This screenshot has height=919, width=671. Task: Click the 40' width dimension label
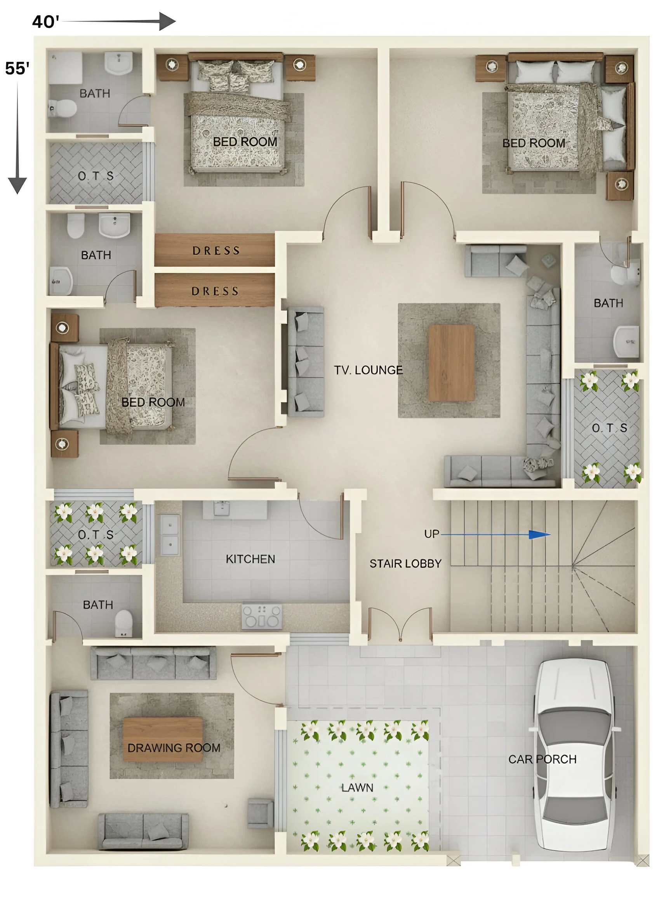tap(45, 21)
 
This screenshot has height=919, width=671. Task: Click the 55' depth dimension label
tap(17, 68)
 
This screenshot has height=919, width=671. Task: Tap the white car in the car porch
tap(574, 755)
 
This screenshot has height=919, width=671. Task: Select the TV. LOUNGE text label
tap(368, 370)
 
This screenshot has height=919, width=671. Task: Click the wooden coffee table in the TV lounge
tap(451, 362)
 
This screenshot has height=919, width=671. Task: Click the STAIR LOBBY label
tap(405, 564)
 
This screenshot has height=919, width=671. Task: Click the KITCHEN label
tap(250, 559)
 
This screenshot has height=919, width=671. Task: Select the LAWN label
tap(357, 787)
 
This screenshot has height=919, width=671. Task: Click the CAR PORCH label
tap(542, 759)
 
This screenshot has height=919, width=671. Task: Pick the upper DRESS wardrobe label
tap(216, 250)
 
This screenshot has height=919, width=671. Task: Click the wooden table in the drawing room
tap(162, 739)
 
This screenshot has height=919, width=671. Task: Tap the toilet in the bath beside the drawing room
tap(123, 622)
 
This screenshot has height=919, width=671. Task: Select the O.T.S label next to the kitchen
tap(96, 534)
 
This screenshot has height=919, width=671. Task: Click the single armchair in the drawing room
tap(260, 813)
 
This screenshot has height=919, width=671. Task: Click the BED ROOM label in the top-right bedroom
tap(533, 143)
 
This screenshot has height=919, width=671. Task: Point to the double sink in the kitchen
tap(170, 534)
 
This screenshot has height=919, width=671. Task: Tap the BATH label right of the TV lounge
tap(608, 303)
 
